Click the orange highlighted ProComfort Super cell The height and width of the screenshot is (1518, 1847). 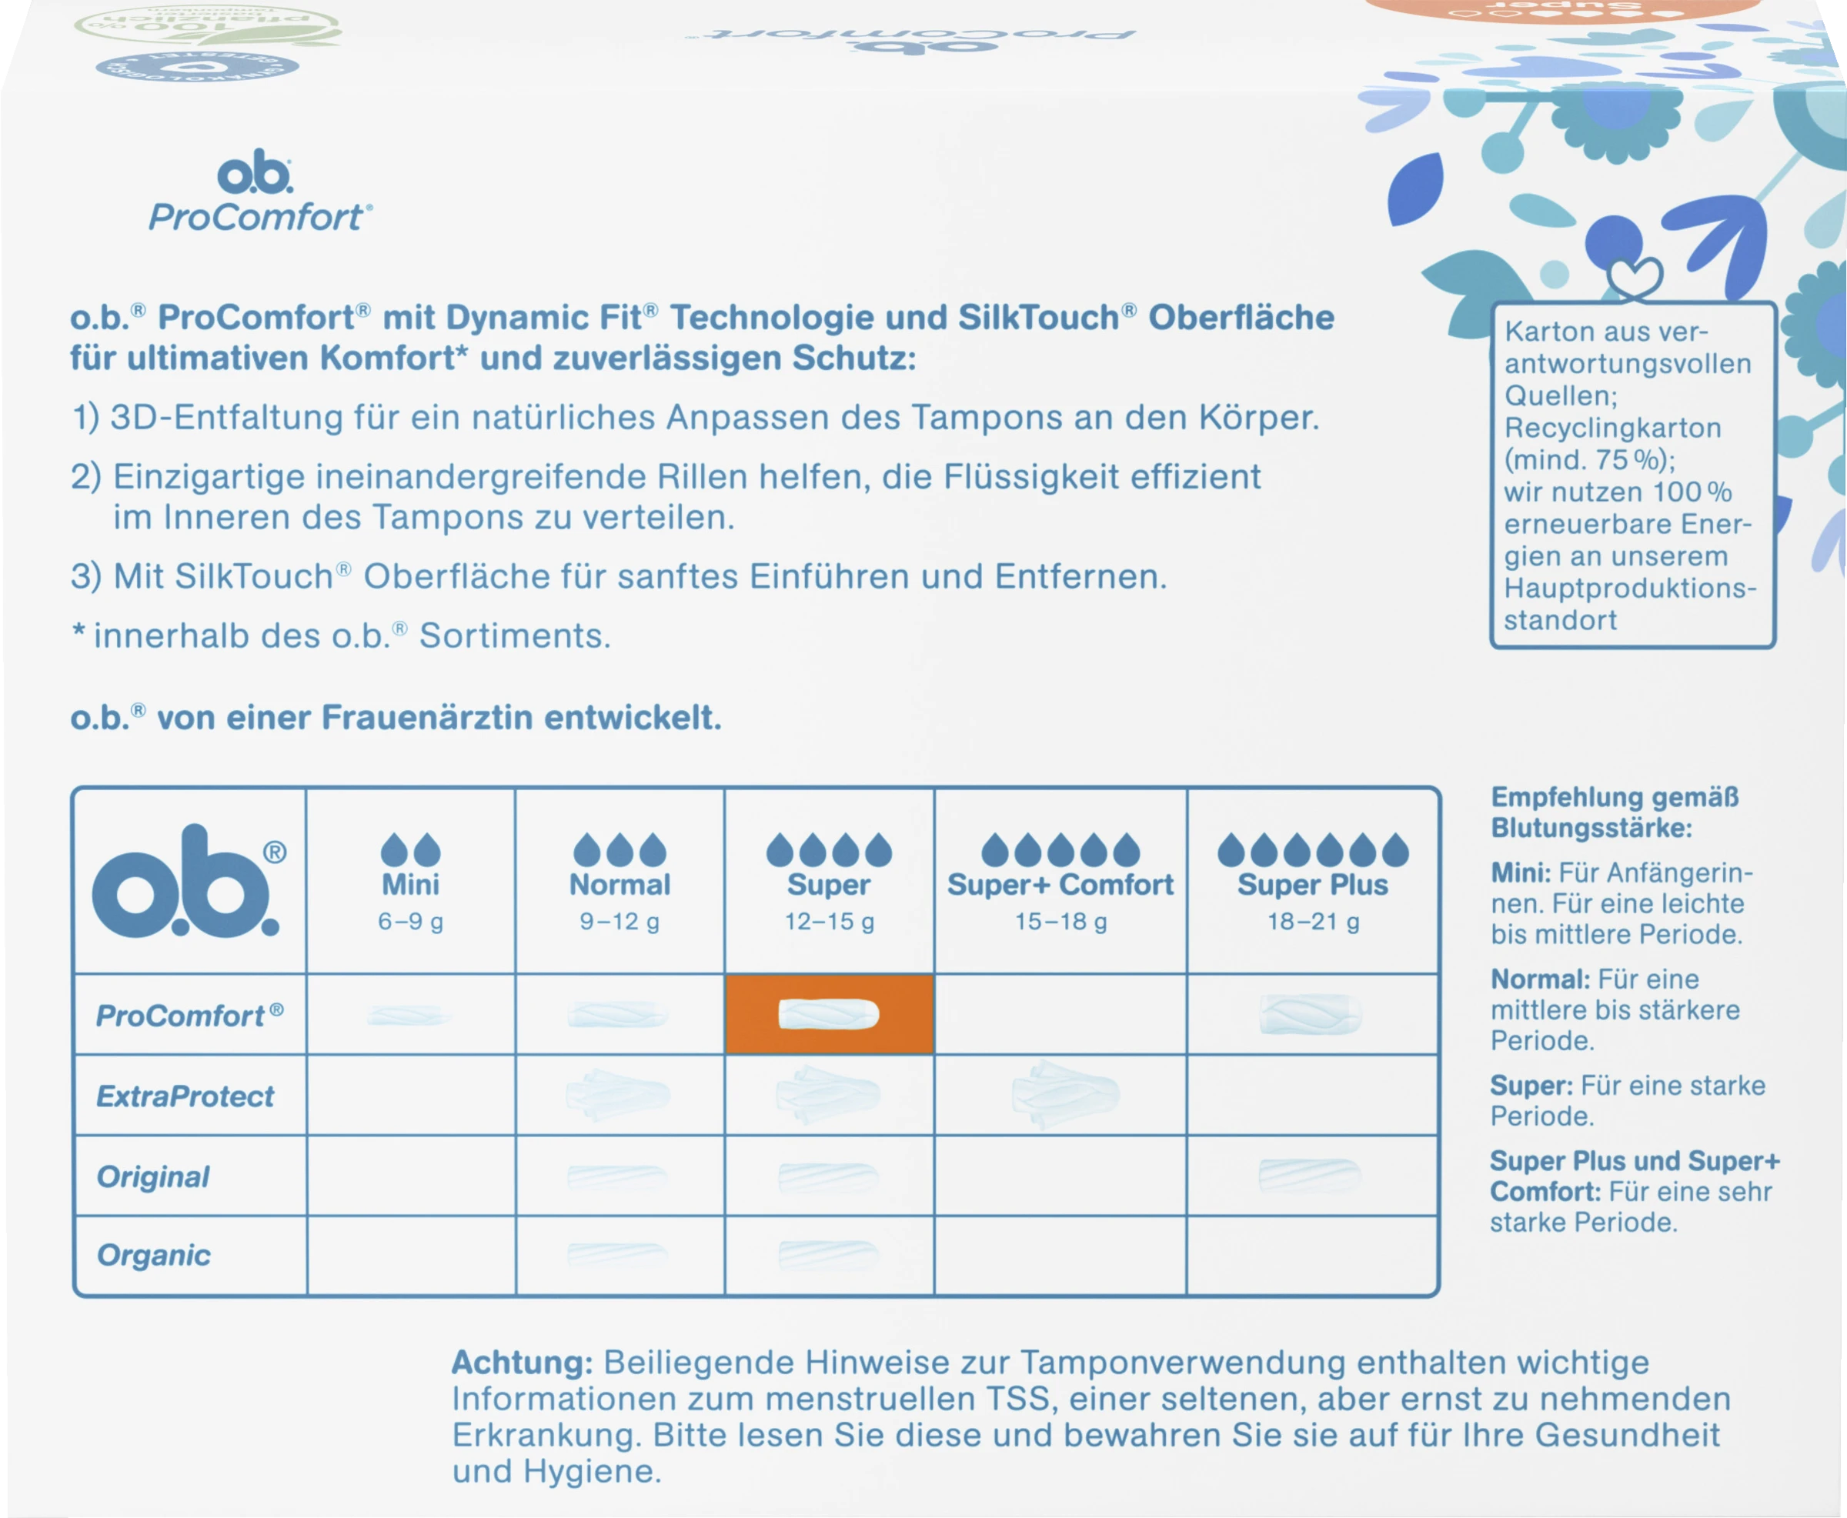tap(828, 1014)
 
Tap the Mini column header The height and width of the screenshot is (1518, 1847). tap(410, 884)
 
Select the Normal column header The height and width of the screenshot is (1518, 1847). tap(620, 884)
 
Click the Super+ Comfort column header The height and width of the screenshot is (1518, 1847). tap(1060, 884)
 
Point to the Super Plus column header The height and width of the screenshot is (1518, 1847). tap(1312, 884)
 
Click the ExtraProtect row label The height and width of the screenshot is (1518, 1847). tap(185, 1096)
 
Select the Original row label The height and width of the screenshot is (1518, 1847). tap(153, 1176)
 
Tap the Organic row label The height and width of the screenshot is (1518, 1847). tap(154, 1255)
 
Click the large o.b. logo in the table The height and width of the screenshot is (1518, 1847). tap(185, 882)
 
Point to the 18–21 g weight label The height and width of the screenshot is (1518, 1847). tap(1313, 921)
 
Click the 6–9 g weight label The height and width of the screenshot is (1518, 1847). tap(410, 921)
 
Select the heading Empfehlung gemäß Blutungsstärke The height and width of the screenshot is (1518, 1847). tap(1615, 812)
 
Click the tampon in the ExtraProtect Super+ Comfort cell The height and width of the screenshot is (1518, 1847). tap(1064, 1094)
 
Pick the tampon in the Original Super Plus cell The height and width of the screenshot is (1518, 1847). tap(1309, 1175)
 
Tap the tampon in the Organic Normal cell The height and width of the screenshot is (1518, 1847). tap(617, 1255)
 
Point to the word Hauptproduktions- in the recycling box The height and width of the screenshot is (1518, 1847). tap(1629, 589)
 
